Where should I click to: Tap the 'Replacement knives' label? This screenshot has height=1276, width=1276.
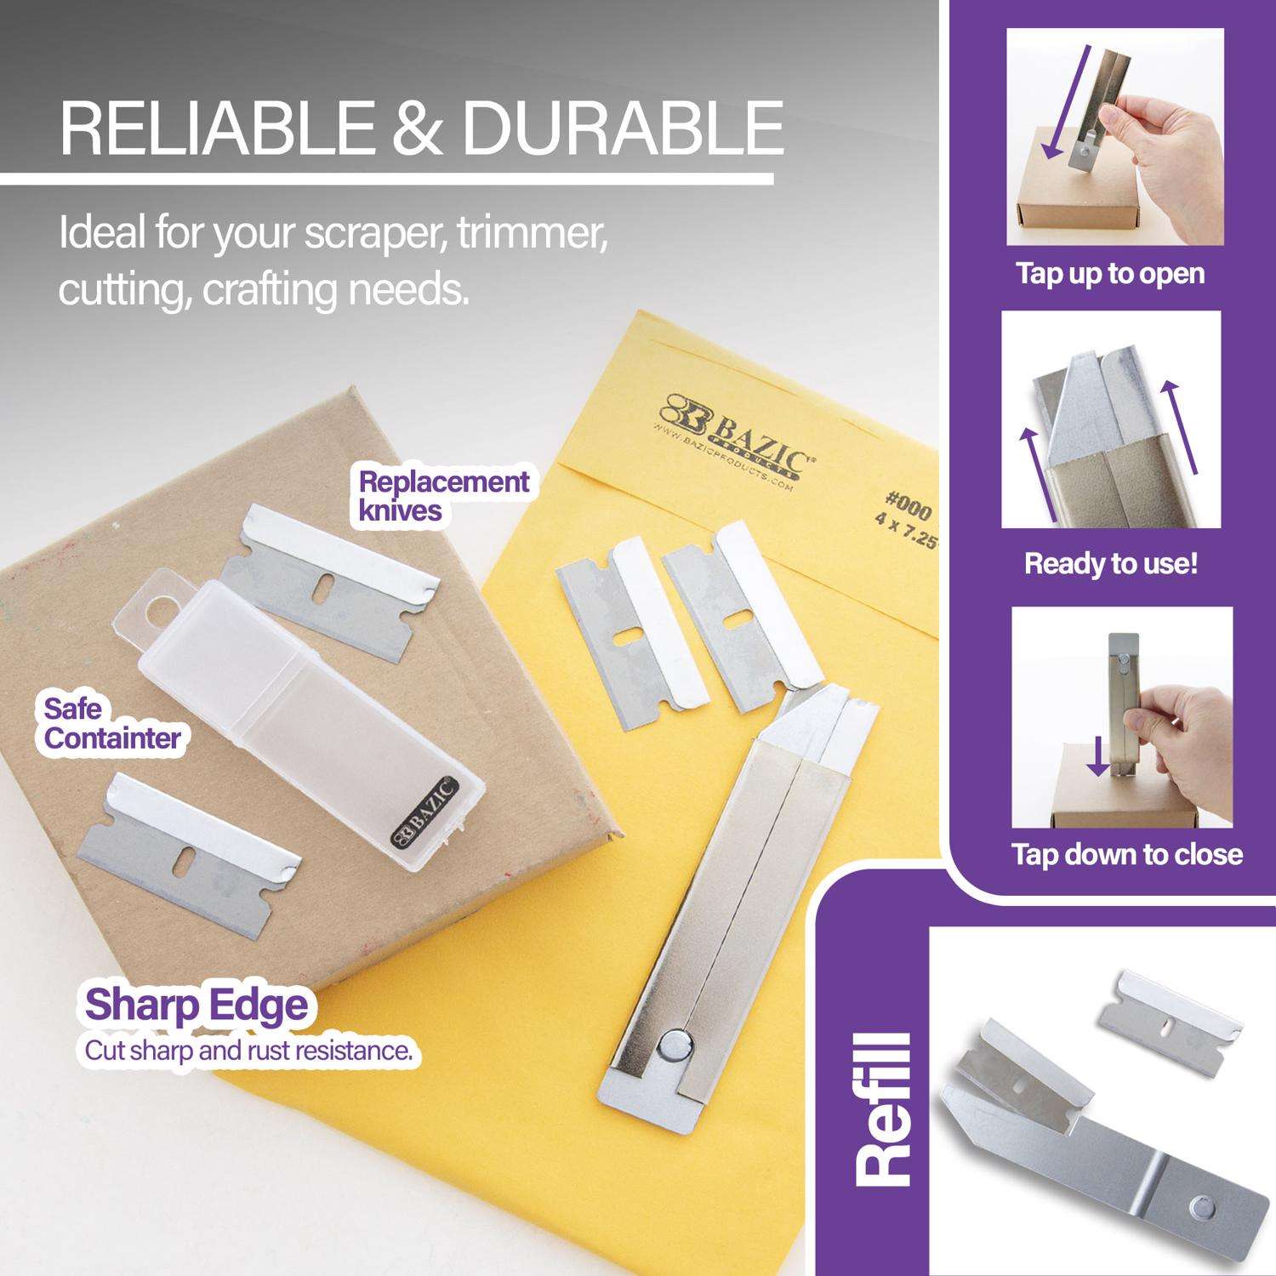click(443, 495)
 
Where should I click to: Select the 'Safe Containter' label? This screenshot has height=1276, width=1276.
click(111, 723)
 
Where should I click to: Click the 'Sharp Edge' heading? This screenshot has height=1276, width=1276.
click(196, 1005)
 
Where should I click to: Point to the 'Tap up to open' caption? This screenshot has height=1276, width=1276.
click(1110, 274)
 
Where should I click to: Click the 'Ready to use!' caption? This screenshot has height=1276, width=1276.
click(1111, 563)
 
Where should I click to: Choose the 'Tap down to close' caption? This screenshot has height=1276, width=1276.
click(1127, 853)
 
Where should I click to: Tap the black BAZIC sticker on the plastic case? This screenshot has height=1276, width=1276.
click(424, 812)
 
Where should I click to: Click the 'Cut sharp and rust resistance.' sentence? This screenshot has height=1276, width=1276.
click(248, 1051)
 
